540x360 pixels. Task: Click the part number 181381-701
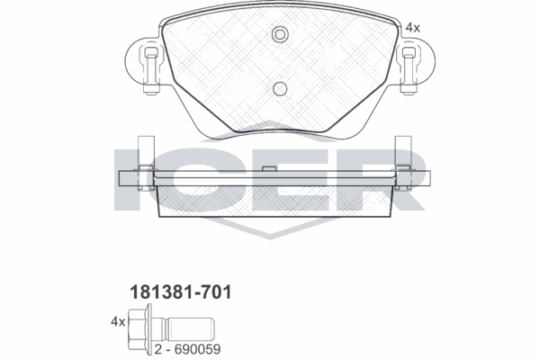(176, 292)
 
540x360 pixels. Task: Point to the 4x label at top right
(412, 28)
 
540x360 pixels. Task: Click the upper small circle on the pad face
(279, 35)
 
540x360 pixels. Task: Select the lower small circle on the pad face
(279, 88)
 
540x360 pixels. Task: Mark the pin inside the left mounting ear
(149, 67)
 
